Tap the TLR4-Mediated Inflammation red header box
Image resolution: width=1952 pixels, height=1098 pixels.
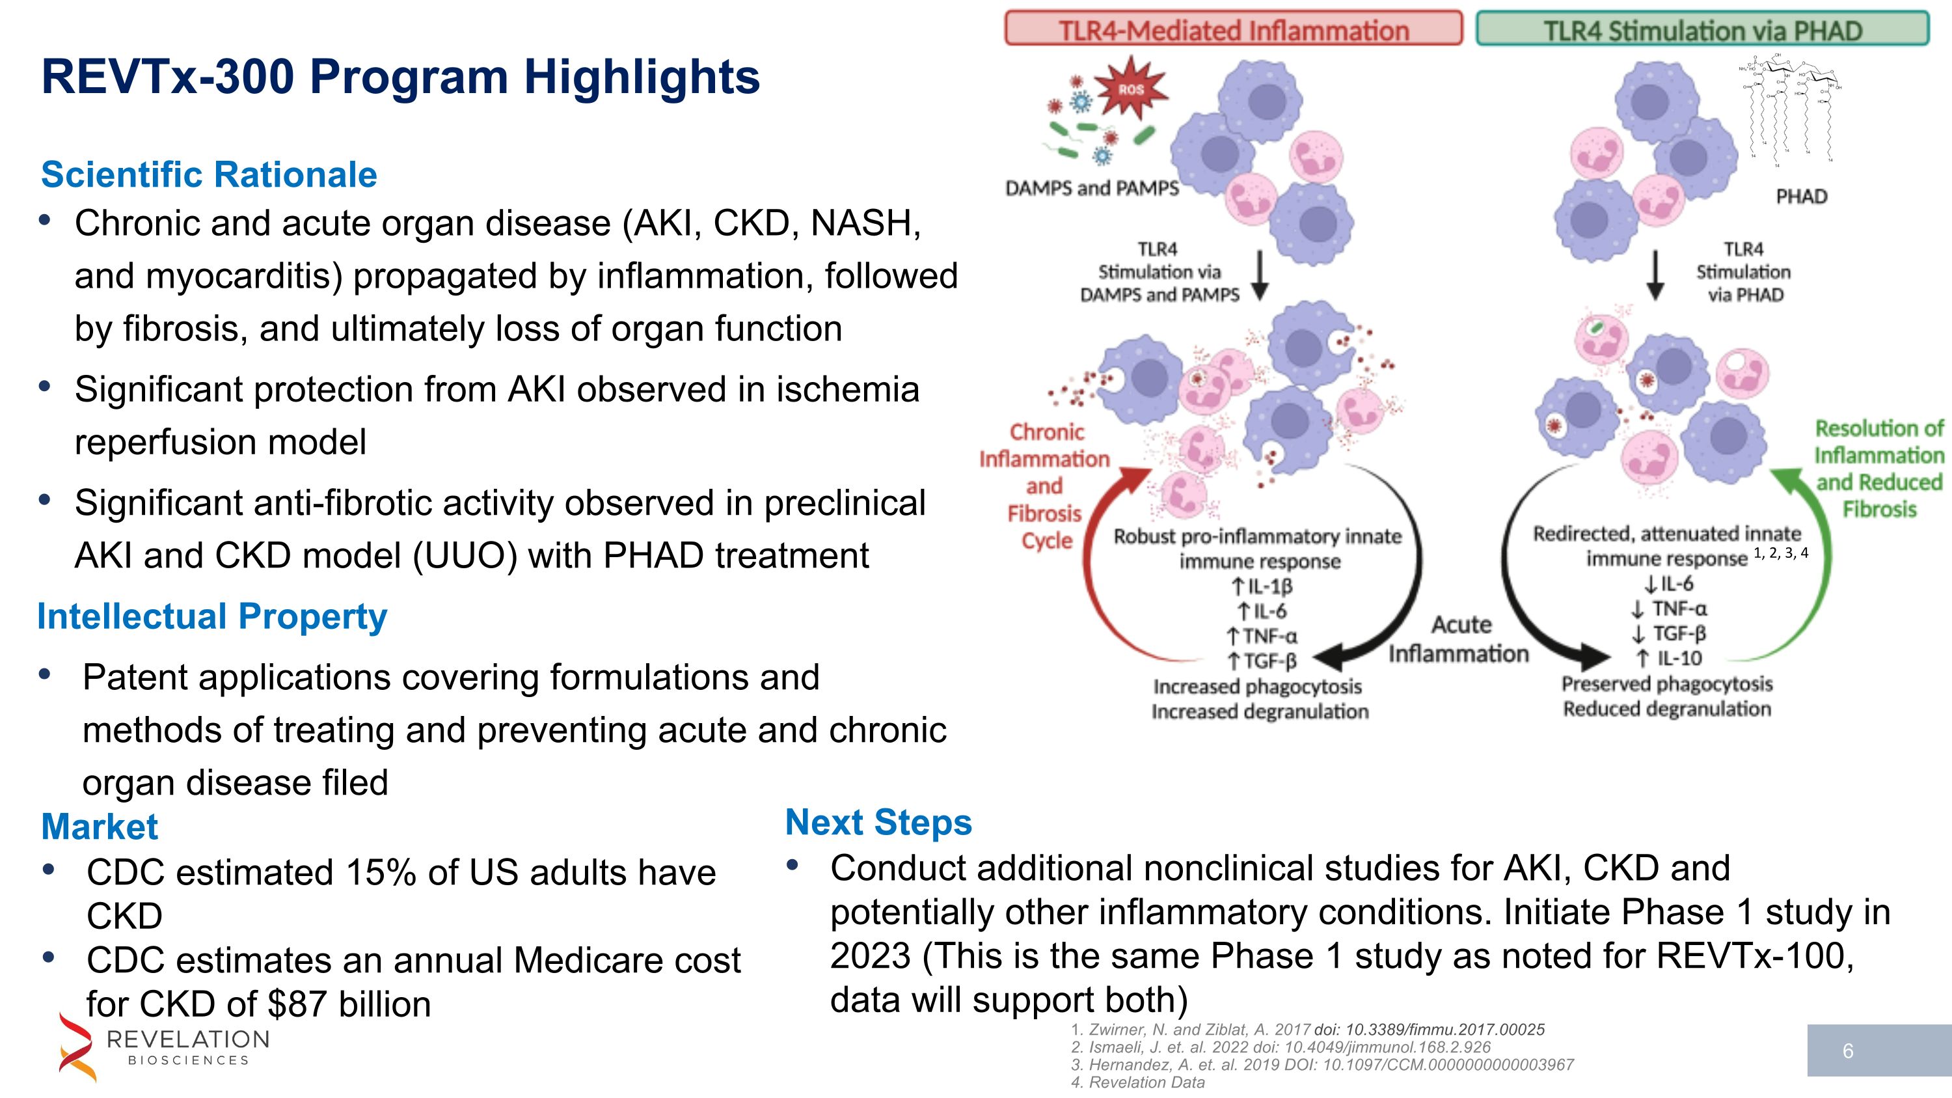click(1233, 29)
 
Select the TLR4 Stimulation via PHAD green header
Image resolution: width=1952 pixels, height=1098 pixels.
click(1702, 29)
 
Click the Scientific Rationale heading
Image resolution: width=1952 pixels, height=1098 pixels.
click(209, 174)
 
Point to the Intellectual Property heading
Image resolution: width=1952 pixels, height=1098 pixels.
click(212, 616)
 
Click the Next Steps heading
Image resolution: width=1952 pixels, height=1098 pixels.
click(878, 822)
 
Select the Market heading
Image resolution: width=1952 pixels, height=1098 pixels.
click(100, 827)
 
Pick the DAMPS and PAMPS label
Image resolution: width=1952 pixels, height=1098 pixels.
click(1091, 188)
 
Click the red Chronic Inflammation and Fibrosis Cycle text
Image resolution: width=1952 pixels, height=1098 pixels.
click(1045, 486)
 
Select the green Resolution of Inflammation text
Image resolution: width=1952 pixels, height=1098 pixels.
click(1879, 469)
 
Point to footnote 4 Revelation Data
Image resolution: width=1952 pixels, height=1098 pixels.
click(1137, 1082)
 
